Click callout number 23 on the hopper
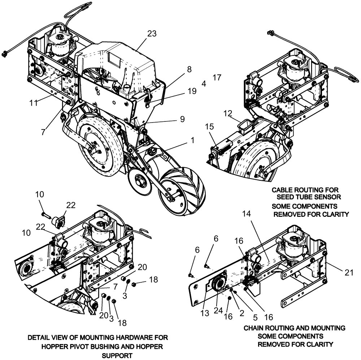click(152, 34)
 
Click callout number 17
click(217, 78)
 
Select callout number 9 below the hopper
click(182, 118)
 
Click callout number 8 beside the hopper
click(189, 69)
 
